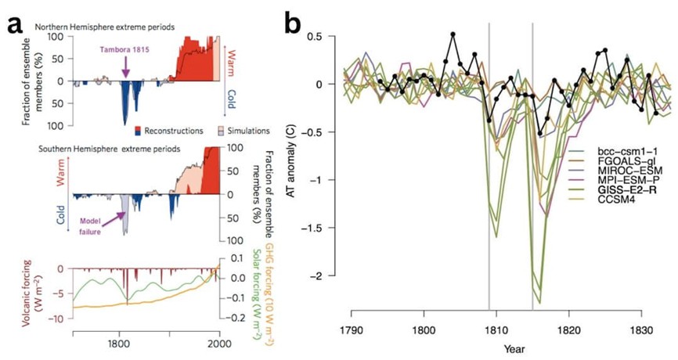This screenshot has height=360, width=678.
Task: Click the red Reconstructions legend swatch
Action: pos(139,131)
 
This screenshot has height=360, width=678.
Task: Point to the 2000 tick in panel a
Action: pos(219,343)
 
